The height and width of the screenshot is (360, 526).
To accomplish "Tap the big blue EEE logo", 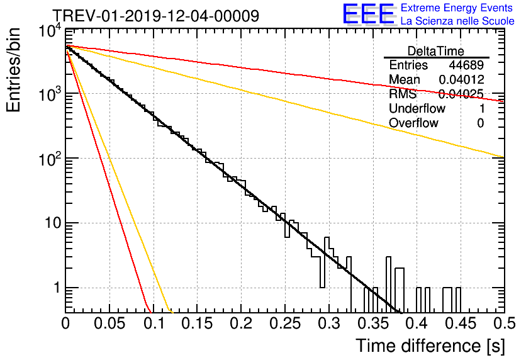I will [x=367, y=14].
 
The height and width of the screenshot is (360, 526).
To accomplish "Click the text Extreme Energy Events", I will [x=457, y=8].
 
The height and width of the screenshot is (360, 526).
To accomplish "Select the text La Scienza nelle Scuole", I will [x=457, y=21].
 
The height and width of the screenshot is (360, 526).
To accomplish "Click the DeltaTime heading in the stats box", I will [x=436, y=51].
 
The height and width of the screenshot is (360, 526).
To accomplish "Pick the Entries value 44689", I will [x=466, y=65].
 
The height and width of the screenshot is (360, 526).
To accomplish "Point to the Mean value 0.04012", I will [x=461, y=80].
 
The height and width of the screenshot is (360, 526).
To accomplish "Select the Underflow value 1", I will [x=481, y=109].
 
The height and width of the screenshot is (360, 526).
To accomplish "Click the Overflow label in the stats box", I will [x=413, y=123].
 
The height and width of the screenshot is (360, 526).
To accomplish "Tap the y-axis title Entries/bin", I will [x=18, y=70].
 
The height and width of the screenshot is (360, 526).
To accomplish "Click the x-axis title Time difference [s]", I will [x=429, y=346].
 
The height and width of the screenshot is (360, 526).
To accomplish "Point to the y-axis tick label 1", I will [x=55, y=288].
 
